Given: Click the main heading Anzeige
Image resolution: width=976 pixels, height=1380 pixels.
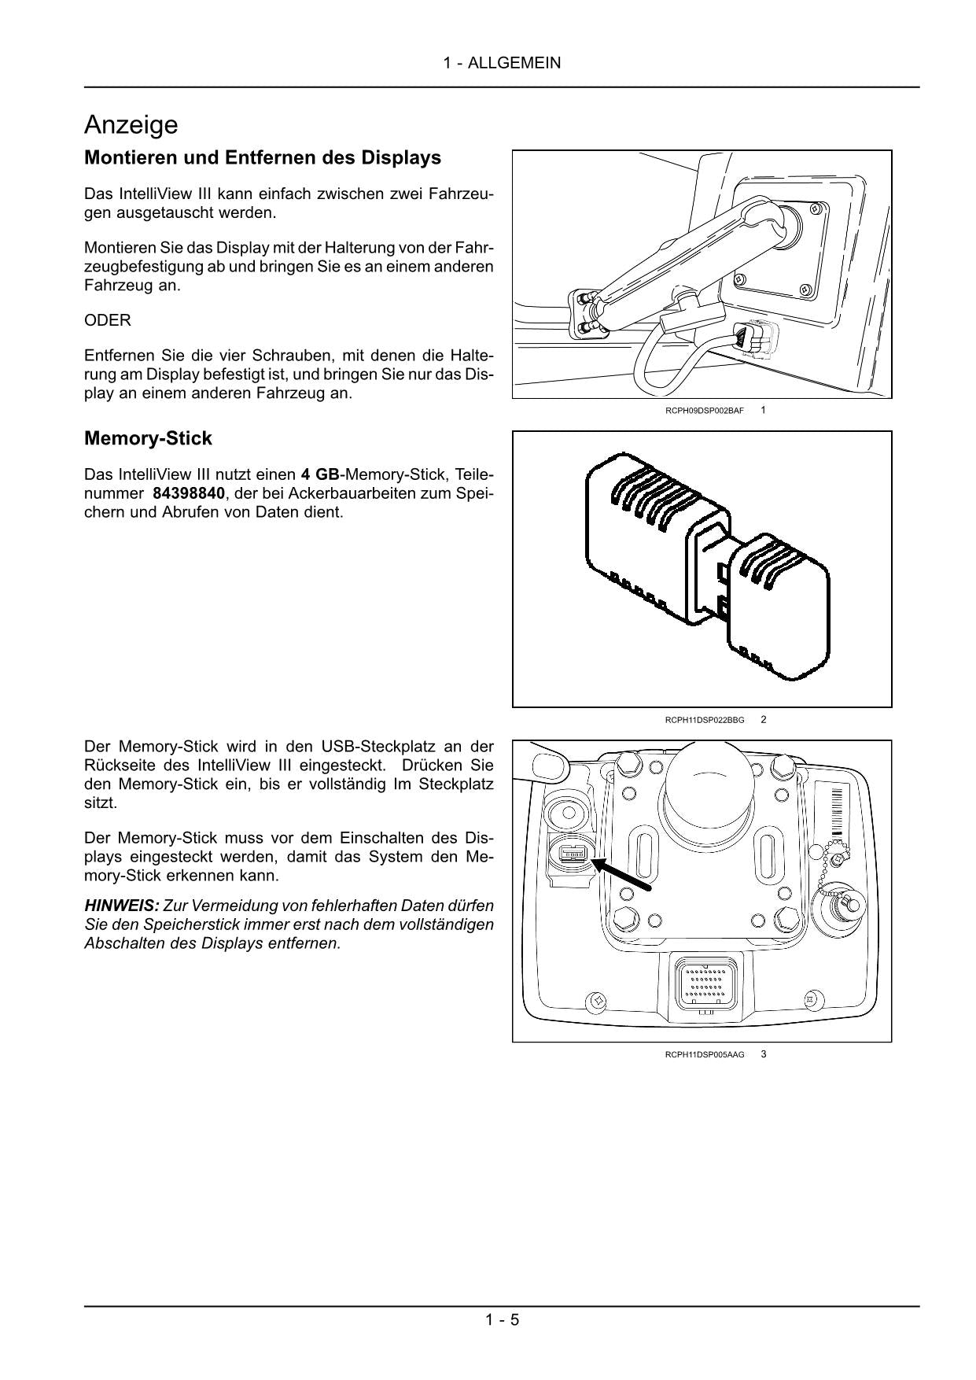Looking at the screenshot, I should [131, 125].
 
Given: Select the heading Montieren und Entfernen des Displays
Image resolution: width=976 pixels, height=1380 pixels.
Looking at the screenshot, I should [262, 157].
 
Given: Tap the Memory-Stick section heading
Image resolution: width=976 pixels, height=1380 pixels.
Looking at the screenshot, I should [148, 438].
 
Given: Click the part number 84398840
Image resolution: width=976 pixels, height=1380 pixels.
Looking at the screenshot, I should [189, 493].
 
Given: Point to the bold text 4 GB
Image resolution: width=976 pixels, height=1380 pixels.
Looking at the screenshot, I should [319, 474].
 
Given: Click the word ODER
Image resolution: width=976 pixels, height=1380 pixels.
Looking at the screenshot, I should [108, 320].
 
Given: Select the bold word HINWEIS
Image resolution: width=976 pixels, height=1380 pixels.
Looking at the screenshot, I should [121, 906].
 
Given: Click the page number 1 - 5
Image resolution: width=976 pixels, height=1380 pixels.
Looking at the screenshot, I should [502, 1319].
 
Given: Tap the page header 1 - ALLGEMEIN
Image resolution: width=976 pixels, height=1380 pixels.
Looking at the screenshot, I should [502, 63].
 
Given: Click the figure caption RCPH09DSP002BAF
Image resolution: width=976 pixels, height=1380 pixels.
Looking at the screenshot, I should [704, 411].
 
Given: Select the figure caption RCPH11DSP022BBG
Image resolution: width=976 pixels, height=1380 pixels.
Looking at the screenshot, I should [704, 720].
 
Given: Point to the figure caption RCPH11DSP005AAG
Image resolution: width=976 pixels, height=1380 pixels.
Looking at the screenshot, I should [704, 1054].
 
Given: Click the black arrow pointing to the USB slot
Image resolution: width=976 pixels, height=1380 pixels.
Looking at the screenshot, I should [621, 875].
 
